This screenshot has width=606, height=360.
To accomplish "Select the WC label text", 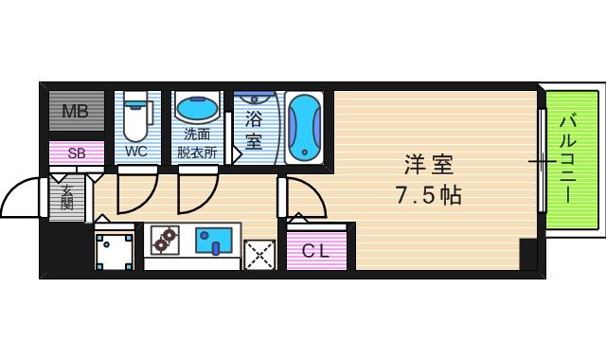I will [x=136, y=152].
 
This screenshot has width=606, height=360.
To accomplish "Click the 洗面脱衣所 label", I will [x=197, y=142].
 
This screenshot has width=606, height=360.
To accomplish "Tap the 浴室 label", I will [x=254, y=130].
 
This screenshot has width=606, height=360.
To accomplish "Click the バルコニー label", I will [x=566, y=158].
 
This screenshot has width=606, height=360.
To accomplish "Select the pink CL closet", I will [x=320, y=250].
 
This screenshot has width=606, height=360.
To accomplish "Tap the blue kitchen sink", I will [x=215, y=241].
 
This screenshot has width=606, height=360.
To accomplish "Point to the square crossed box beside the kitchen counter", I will [x=258, y=254].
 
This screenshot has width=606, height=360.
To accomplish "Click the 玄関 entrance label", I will [x=68, y=198].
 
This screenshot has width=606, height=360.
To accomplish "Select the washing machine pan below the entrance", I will [x=116, y=249].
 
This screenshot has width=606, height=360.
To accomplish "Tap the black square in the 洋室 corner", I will [x=528, y=255].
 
